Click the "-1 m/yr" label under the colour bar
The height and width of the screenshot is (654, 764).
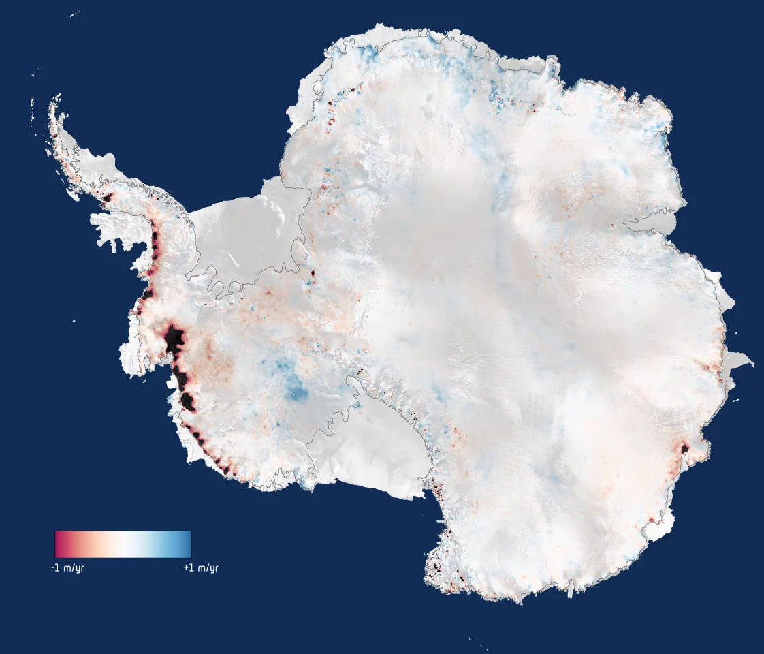click(x=67, y=567)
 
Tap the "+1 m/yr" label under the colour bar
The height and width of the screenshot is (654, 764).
click(x=201, y=567)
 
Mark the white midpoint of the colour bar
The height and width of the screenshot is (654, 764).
click(x=123, y=544)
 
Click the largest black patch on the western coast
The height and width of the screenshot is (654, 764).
click(x=174, y=339)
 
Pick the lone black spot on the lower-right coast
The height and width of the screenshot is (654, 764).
click(x=684, y=448)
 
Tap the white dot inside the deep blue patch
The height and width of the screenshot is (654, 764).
click(x=294, y=393)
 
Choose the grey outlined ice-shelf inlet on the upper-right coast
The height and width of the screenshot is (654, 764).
click(x=647, y=222)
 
